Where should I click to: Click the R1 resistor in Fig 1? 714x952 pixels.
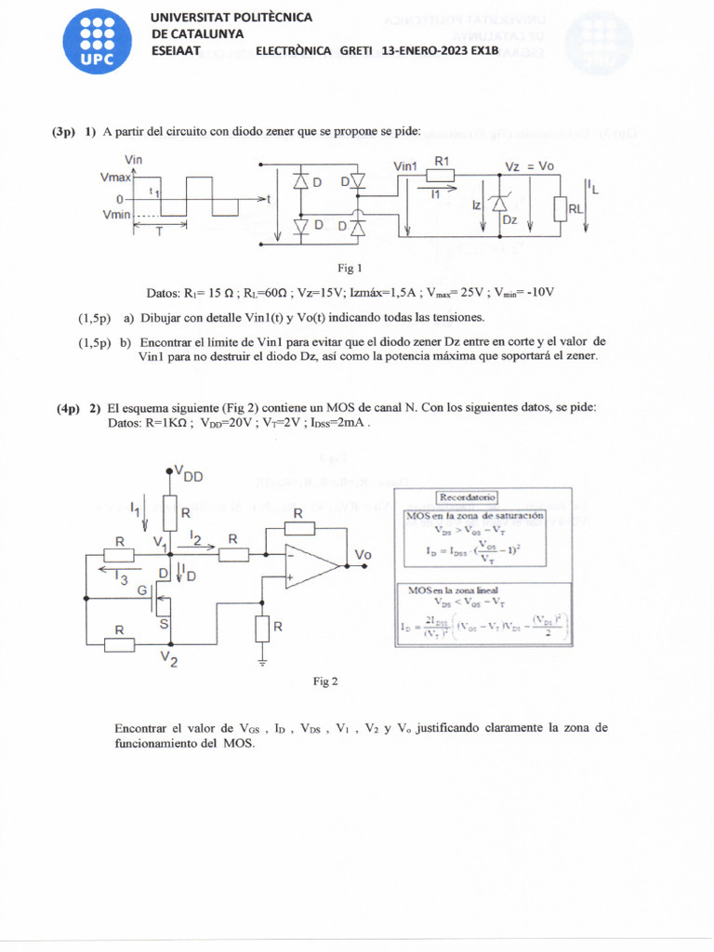(441, 176)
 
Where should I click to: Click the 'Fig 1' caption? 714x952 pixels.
(350, 269)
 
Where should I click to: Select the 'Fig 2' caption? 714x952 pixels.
(325, 681)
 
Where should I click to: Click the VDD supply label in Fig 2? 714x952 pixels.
(190, 476)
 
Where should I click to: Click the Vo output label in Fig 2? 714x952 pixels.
(363, 555)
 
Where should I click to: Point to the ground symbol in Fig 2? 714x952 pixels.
(262, 662)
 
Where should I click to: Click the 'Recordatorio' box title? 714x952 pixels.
(469, 497)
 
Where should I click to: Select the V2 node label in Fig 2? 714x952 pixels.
(169, 659)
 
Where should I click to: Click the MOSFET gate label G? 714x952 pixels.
(142, 589)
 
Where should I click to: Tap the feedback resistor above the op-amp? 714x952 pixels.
(297, 529)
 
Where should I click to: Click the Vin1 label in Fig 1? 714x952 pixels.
(405, 166)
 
